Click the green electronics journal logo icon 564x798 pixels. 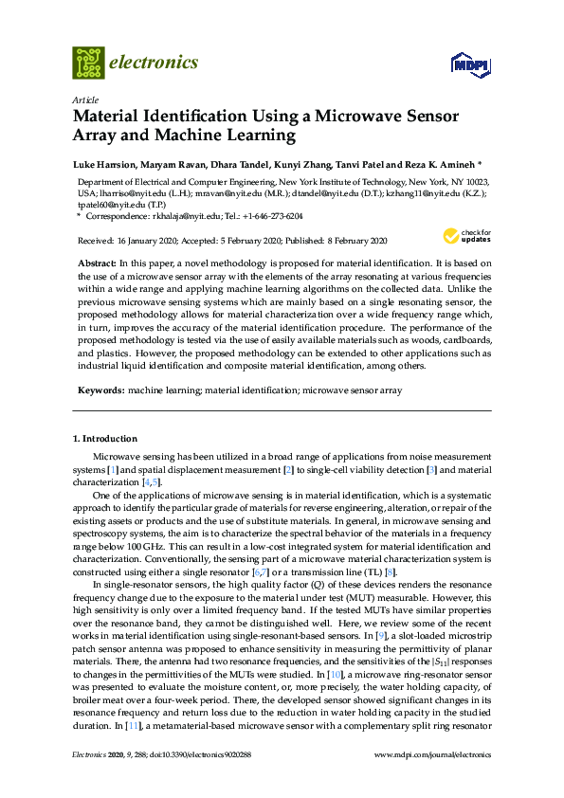click(88, 63)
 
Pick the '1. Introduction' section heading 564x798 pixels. click(105, 439)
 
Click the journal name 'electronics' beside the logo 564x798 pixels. click(155, 63)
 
